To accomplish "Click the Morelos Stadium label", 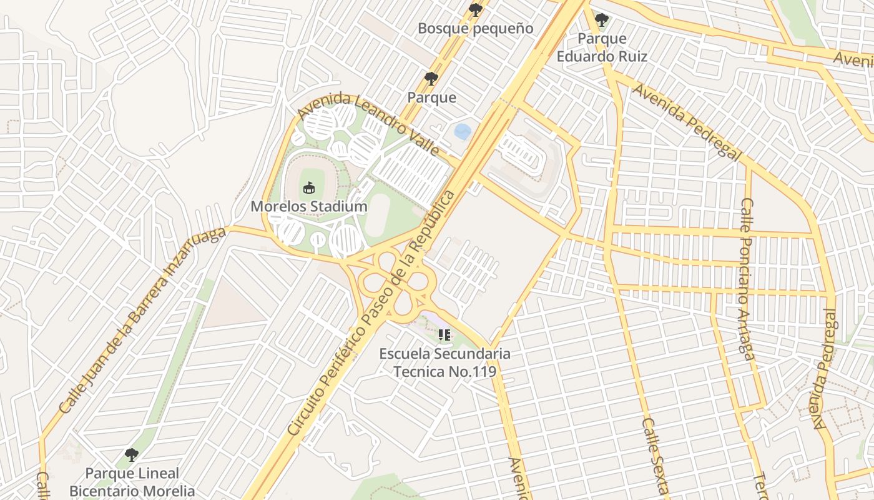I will [x=309, y=206].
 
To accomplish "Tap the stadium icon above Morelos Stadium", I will [x=308, y=187].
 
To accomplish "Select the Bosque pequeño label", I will [x=475, y=28].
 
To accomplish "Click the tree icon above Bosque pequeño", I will [x=475, y=9].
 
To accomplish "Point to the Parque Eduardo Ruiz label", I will [x=602, y=47].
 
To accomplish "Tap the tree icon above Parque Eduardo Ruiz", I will [x=602, y=20].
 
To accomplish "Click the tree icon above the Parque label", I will [x=431, y=78].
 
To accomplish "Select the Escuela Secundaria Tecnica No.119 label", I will [x=444, y=362].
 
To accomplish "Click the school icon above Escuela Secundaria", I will [x=444, y=336].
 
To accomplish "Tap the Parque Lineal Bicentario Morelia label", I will [x=132, y=482].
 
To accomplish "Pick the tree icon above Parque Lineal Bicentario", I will [x=131, y=454].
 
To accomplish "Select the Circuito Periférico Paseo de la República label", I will [x=372, y=312].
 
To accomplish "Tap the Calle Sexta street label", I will [x=655, y=456].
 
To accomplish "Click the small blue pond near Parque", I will [x=463, y=131].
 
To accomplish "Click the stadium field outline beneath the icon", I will [x=308, y=181].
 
